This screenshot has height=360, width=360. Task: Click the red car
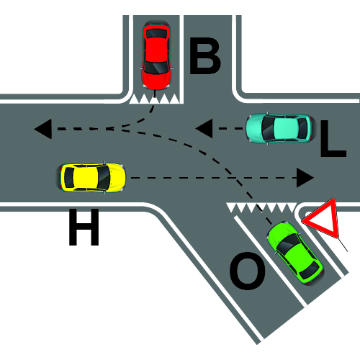(157, 55)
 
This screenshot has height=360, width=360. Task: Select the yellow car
(91, 178)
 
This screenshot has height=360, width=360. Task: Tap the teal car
(280, 128)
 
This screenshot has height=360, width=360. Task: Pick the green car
(296, 253)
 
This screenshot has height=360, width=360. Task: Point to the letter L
(333, 138)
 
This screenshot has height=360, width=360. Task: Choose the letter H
(84, 227)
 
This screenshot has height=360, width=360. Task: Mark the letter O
(248, 271)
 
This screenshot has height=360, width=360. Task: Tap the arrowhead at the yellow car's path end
(305, 178)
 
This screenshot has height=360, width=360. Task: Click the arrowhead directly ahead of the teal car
(204, 128)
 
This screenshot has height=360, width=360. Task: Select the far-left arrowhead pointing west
(43, 129)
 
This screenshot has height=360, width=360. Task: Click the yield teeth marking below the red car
(154, 99)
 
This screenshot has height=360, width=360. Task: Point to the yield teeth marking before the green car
(262, 208)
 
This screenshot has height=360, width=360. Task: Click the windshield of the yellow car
(104, 178)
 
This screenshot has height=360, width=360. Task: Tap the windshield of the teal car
(267, 128)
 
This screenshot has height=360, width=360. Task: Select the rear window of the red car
(156, 34)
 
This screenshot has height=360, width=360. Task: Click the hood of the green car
(279, 233)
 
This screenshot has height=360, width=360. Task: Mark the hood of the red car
(156, 80)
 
